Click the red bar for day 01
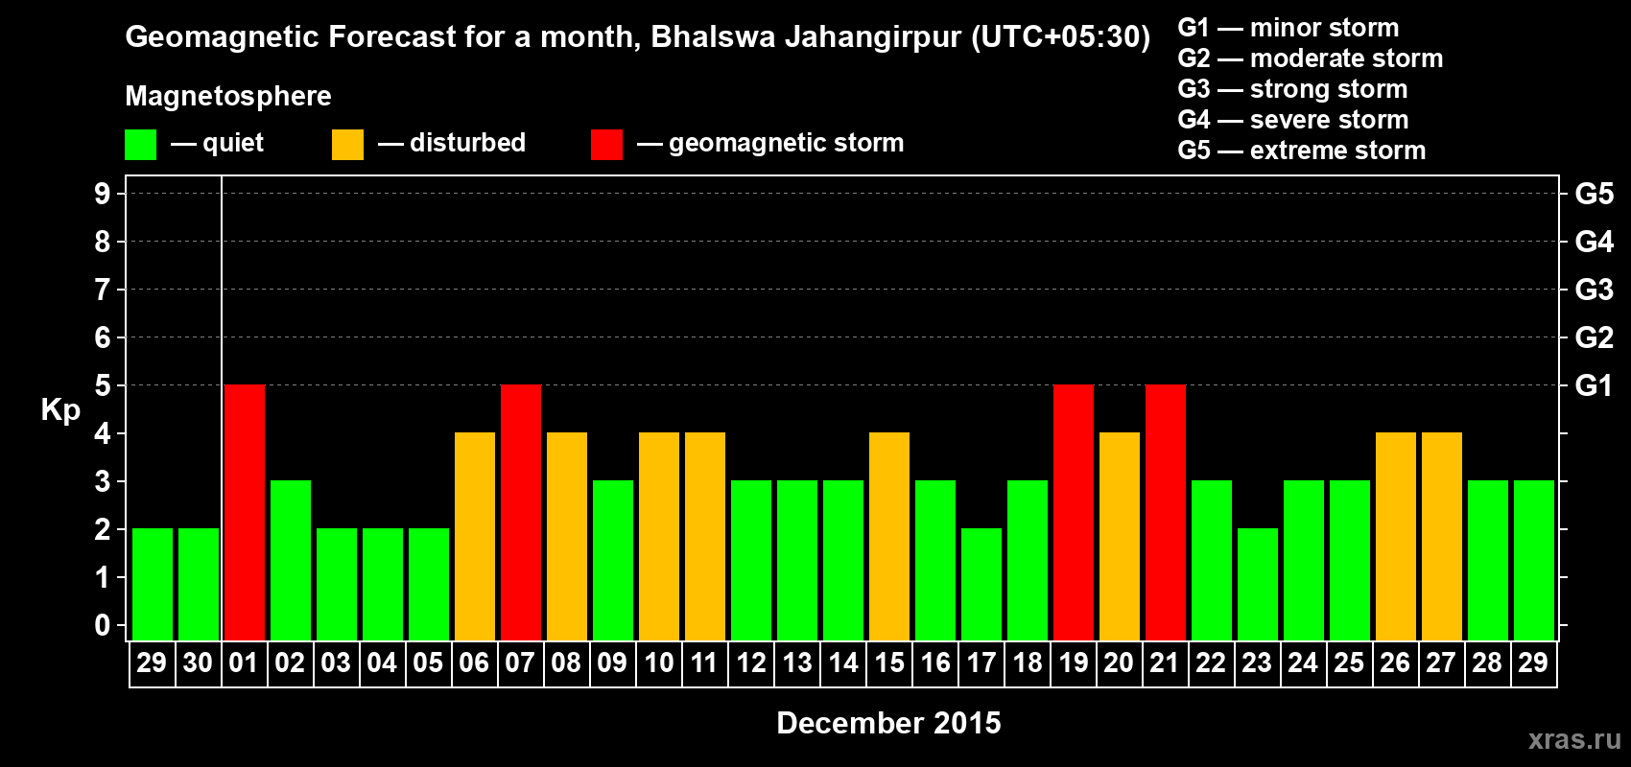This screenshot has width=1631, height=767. (245, 512)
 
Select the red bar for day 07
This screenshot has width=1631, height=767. (521, 512)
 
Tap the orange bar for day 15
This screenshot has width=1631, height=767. (889, 536)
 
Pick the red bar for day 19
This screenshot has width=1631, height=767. (1074, 512)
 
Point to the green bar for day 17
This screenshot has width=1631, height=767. (981, 584)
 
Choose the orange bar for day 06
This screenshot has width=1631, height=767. (475, 536)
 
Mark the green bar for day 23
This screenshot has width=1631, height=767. (1258, 584)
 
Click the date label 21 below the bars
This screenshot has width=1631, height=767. (1165, 662)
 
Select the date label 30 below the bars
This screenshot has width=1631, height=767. (198, 662)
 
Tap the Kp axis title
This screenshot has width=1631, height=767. (60, 410)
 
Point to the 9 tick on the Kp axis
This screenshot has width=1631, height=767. (103, 194)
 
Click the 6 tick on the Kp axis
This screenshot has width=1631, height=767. (103, 337)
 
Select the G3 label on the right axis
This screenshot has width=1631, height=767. (1594, 290)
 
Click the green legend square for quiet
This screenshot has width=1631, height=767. (141, 145)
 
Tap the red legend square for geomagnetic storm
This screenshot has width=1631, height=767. (606, 145)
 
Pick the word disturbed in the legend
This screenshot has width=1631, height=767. (467, 143)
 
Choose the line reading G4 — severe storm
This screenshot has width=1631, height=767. (1292, 120)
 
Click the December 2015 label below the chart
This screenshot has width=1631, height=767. (888, 723)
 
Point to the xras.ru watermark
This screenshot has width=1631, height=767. (1574, 739)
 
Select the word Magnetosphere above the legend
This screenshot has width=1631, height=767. (228, 96)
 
